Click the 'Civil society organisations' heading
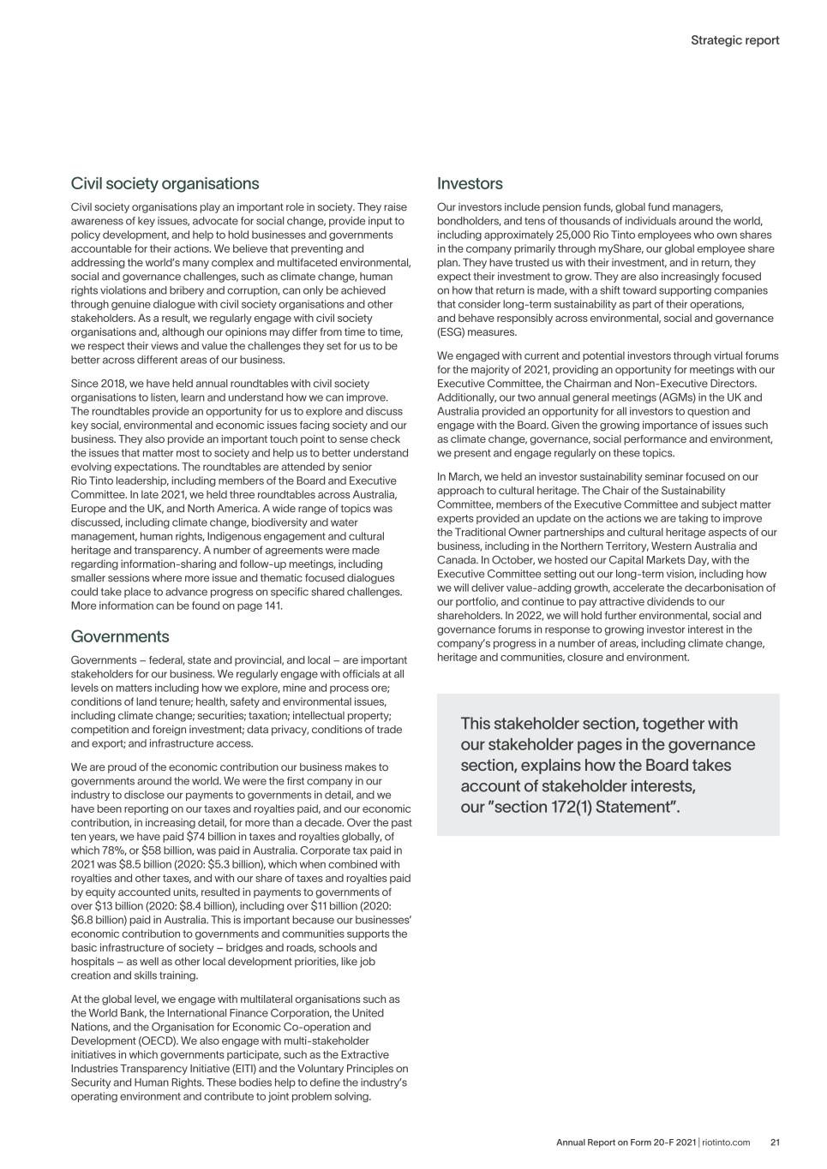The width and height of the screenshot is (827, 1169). (x=165, y=183)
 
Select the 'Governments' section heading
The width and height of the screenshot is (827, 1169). (x=120, y=636)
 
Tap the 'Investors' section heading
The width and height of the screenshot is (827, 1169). (x=470, y=183)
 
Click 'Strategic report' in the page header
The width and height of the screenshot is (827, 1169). (x=734, y=40)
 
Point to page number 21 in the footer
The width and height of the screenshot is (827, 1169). (x=775, y=1142)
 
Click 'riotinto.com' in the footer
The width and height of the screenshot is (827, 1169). (x=726, y=1142)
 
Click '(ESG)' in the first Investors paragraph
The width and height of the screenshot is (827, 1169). (x=452, y=332)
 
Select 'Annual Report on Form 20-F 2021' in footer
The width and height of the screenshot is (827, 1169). (x=626, y=1142)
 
